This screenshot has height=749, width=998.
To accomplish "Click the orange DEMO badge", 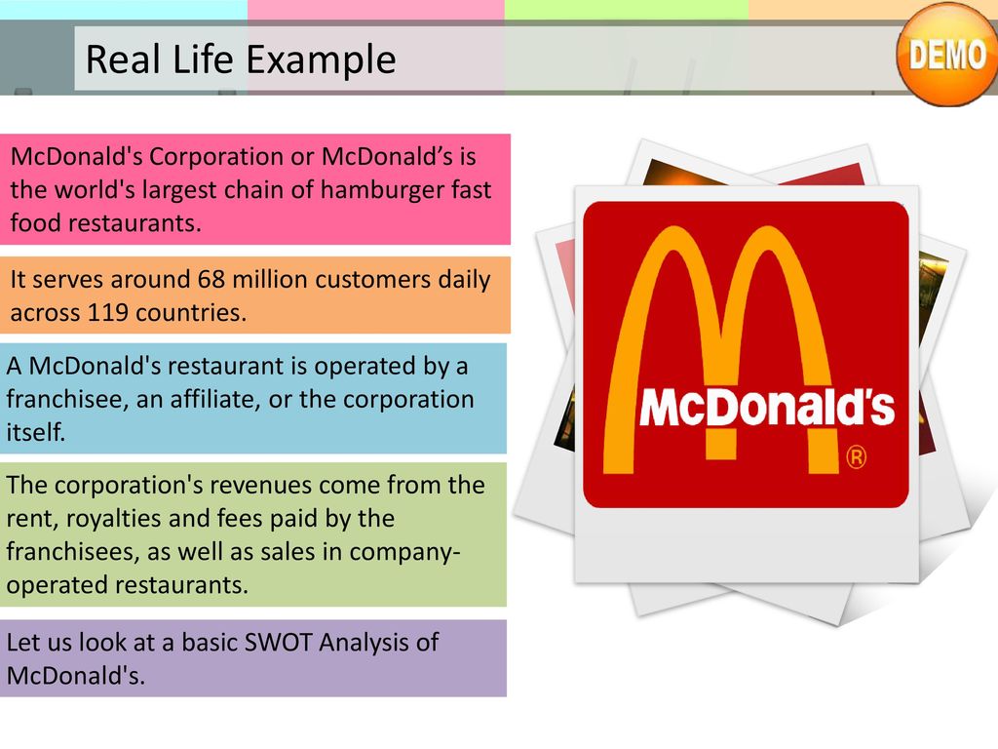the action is (946, 55).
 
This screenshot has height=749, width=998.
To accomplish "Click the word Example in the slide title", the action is (321, 59).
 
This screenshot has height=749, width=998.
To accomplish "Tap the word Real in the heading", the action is (123, 59).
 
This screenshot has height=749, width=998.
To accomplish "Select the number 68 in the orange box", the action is (211, 279).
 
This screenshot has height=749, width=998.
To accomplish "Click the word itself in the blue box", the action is (36, 432).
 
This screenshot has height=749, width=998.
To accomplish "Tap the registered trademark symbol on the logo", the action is (856, 457).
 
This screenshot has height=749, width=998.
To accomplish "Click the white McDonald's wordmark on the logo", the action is (767, 407).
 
